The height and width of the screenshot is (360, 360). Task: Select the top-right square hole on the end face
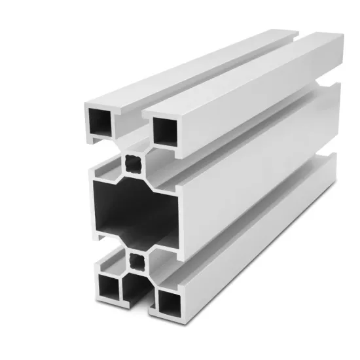pos(165,133)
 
